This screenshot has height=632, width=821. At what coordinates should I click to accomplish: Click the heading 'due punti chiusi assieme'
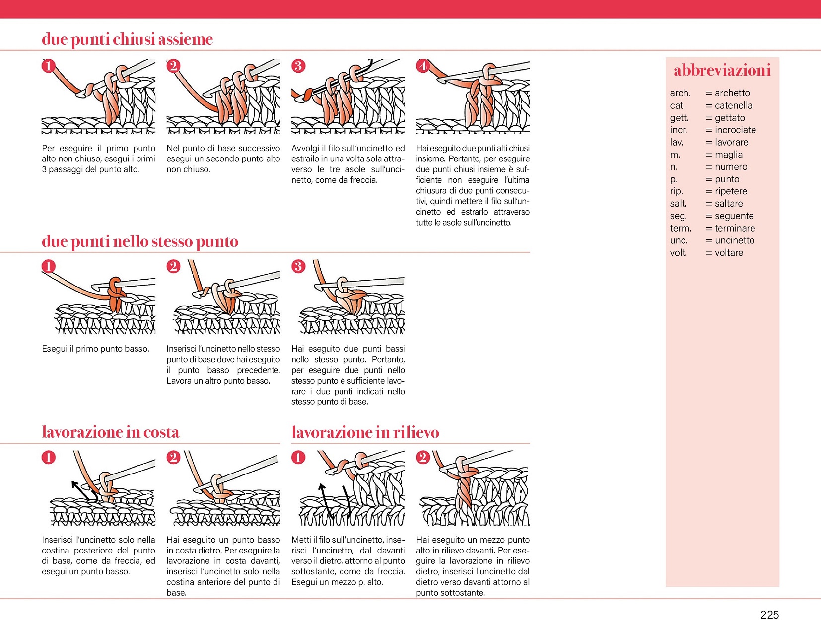click(127, 39)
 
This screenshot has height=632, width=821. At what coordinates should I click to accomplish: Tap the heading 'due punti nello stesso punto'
click(140, 241)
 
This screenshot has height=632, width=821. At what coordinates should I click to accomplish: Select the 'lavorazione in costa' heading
click(110, 432)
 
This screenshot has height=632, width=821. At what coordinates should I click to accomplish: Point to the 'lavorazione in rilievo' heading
click(365, 432)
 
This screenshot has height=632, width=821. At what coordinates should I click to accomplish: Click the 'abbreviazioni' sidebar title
click(722, 71)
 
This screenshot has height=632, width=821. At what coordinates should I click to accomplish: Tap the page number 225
click(769, 615)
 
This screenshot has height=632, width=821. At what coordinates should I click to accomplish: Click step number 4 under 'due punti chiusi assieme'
click(422, 66)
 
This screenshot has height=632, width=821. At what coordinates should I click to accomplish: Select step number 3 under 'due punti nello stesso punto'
click(298, 266)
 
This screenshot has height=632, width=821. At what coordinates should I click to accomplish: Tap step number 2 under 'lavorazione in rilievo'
click(422, 457)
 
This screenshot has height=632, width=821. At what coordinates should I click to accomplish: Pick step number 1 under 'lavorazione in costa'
click(48, 457)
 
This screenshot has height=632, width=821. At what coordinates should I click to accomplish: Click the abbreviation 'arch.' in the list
click(680, 93)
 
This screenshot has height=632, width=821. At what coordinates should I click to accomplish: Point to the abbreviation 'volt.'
click(678, 253)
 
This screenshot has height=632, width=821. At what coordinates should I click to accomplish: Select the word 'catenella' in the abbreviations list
click(733, 105)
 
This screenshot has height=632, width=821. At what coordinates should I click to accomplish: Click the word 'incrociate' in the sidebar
click(735, 130)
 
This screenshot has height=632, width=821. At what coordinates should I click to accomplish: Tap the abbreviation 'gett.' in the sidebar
click(679, 118)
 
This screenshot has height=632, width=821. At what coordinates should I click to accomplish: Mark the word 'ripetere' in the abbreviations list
click(731, 191)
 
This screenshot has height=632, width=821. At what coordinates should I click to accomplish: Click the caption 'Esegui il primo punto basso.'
click(95, 349)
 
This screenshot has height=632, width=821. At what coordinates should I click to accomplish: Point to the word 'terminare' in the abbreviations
click(735, 229)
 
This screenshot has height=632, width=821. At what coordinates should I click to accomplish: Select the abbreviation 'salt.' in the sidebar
click(678, 204)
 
